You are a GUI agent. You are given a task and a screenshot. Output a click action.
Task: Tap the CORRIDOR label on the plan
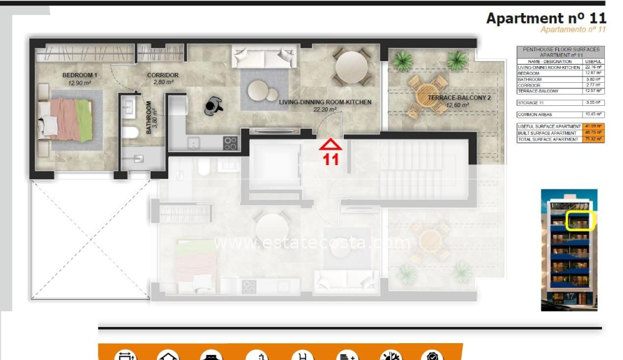point(163,78)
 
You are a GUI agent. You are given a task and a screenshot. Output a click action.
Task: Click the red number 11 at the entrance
point(330,159)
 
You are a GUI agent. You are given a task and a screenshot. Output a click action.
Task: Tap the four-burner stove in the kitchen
point(231,143)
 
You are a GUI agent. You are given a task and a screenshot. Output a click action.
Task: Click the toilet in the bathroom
point(130,132)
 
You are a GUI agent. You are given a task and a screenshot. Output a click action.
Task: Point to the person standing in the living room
point(215,105)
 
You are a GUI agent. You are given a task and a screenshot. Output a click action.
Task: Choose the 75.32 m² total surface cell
point(594,140)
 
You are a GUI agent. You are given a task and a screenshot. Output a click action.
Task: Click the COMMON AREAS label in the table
point(535,115)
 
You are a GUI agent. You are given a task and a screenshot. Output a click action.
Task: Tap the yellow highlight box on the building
point(581,221)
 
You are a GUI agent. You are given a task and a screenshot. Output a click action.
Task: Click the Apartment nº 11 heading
point(546,18)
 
